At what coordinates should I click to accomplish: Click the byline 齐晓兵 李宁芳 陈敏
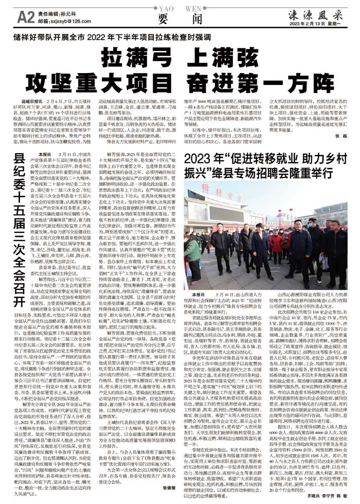pyautogui.click(x=328, y=497)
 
